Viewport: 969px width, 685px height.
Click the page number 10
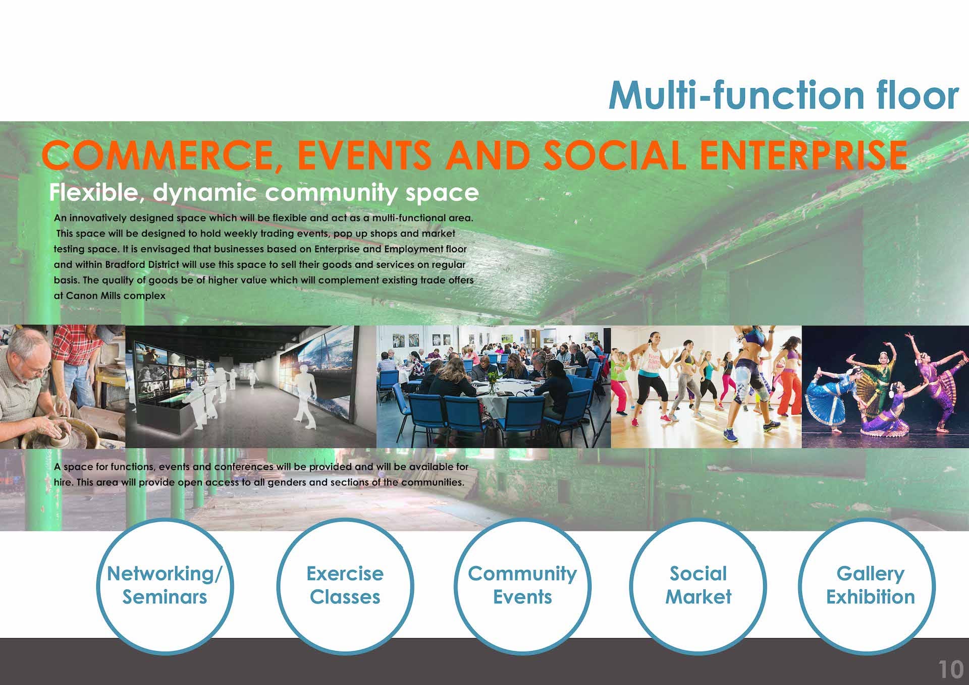click(x=950, y=670)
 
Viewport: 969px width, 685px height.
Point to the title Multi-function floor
click(x=783, y=95)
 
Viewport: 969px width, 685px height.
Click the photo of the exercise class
click(x=706, y=387)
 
